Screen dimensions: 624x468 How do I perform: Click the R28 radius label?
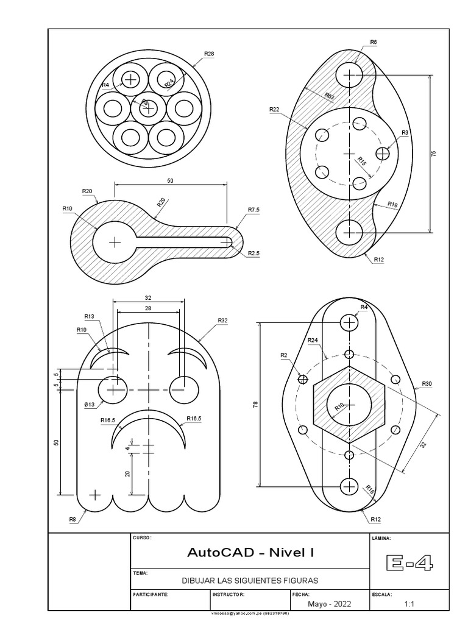(x=209, y=54)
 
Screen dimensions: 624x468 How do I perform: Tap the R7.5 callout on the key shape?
(x=254, y=210)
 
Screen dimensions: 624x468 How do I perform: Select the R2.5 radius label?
(x=254, y=253)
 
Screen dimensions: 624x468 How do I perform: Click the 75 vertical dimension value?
(x=434, y=154)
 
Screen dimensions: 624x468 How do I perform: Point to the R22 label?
(x=274, y=109)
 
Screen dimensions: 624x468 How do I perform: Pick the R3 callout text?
(x=405, y=133)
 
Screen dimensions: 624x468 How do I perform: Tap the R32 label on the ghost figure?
(x=222, y=320)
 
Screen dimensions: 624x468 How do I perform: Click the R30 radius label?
(x=427, y=384)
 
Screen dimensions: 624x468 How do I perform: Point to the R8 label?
(x=72, y=519)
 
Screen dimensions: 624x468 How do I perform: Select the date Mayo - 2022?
(x=330, y=604)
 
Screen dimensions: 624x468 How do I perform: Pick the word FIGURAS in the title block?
(x=300, y=580)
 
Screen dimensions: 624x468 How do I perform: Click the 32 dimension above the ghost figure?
(x=148, y=298)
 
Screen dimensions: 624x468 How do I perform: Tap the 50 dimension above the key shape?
(x=170, y=181)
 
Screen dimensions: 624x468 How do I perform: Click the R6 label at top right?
(x=373, y=42)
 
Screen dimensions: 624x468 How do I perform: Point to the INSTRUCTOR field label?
(x=229, y=593)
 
